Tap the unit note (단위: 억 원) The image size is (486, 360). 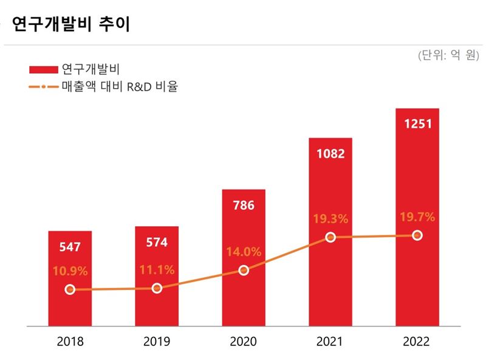[x=447, y=55]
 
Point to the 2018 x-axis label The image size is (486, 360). [x=70, y=341]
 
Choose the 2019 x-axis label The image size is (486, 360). [x=157, y=341]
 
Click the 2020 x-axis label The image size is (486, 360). [x=244, y=341]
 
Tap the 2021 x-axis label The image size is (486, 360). [x=330, y=341]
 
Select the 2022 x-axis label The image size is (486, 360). [x=417, y=341]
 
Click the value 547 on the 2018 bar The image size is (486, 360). [x=70, y=247]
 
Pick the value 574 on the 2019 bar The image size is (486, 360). [x=157, y=243]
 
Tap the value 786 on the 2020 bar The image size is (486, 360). [x=244, y=205]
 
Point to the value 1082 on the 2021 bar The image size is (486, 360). [x=330, y=153]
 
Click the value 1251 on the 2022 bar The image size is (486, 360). [x=417, y=124]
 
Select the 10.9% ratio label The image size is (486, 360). [x=70, y=271]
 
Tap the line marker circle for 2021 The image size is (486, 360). [x=330, y=237]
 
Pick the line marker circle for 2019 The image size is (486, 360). [x=157, y=288]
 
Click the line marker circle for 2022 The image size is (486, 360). [x=417, y=235]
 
